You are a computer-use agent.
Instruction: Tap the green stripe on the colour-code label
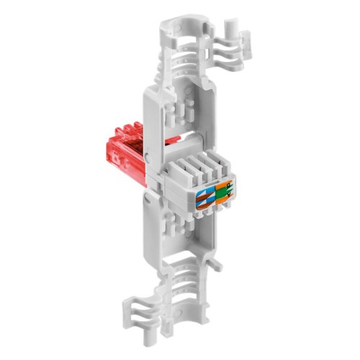coord(220,194)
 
